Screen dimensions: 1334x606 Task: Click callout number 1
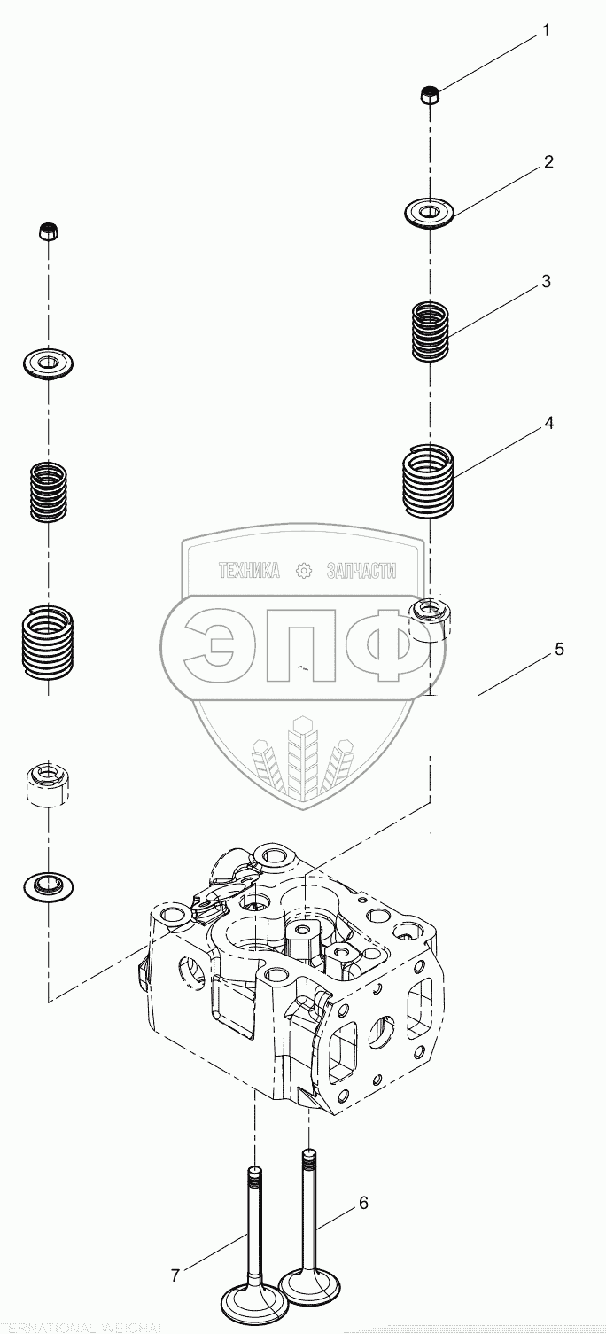point(546,31)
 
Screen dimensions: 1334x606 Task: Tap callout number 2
point(548,162)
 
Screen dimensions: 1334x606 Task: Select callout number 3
point(546,282)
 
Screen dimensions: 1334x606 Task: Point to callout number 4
point(548,424)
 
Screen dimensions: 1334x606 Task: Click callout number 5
point(559,649)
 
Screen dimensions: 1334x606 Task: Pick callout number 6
point(363,1203)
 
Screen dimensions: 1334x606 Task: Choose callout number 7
point(175,1275)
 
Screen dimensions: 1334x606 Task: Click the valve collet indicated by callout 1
point(430,93)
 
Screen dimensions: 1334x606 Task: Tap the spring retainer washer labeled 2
point(429,213)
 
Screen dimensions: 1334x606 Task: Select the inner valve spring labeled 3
point(431,332)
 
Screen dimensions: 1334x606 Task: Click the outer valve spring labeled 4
point(429,480)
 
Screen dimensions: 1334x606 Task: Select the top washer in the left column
point(48,362)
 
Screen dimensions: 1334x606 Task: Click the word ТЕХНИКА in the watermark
point(249,572)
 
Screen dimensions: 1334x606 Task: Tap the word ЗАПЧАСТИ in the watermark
point(361,572)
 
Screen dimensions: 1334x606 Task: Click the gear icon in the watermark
point(304,572)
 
